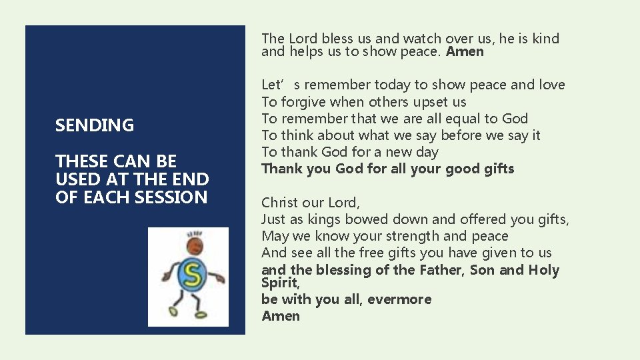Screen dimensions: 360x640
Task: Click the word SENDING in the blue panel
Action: tap(95, 125)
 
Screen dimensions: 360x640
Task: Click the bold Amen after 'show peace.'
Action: tap(465, 52)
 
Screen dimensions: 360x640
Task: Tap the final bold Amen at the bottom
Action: tap(281, 316)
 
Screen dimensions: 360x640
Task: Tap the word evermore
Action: tap(398, 299)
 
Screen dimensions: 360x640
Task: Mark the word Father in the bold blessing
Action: tap(441, 270)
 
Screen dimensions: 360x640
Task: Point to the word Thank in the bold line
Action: tap(280, 169)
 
